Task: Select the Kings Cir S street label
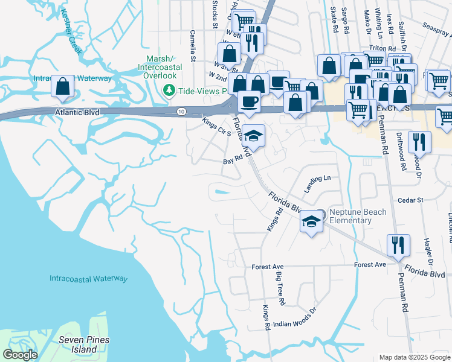[217, 127]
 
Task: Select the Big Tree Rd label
[280, 289]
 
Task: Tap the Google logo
[20, 355]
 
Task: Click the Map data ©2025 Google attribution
[414, 357]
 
